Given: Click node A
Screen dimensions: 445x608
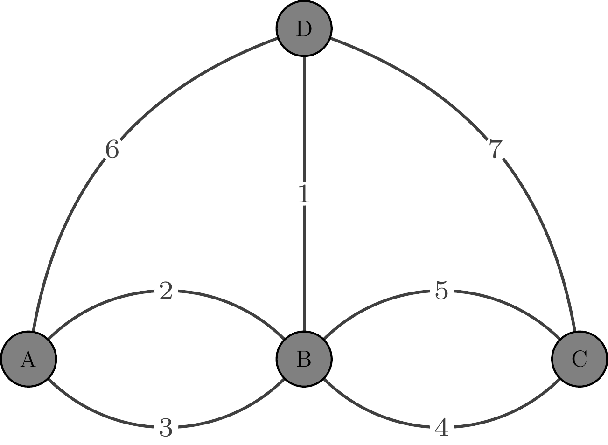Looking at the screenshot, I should point(28,359).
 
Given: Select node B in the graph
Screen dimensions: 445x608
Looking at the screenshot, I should point(304,359).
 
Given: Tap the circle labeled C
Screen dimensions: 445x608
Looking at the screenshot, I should point(579,359).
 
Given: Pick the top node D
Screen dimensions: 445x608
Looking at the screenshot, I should point(304,28).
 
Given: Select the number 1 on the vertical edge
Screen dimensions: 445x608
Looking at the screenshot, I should point(304,194).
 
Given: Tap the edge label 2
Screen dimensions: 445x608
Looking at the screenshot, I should point(166,292).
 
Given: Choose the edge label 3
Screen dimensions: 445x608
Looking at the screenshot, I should point(166,427).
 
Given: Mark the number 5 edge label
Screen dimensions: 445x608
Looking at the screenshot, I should point(441,292).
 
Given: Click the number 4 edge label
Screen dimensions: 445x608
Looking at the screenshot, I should point(441,427).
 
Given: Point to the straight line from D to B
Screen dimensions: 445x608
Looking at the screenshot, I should point(304,117).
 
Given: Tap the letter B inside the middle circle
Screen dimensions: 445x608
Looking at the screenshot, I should point(304,359).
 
